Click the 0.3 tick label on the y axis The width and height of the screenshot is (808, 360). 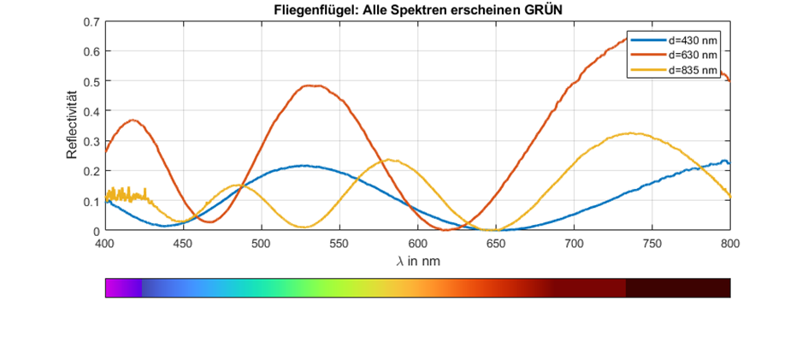pyautogui.click(x=91, y=140)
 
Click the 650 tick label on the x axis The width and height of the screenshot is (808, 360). pyautogui.click(x=496, y=244)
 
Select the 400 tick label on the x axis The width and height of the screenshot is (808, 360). pyautogui.click(x=105, y=244)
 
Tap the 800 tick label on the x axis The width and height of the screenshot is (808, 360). pyautogui.click(x=729, y=244)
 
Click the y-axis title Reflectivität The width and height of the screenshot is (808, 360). pyautogui.click(x=74, y=125)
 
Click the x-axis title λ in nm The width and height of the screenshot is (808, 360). pyautogui.click(x=418, y=262)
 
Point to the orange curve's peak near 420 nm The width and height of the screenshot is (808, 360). pyautogui.click(x=133, y=120)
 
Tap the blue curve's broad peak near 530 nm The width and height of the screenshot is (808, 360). pyautogui.click(x=304, y=166)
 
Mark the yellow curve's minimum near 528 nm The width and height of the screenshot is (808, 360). pyautogui.click(x=304, y=227)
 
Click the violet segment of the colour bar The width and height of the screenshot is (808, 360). pyautogui.click(x=123, y=288)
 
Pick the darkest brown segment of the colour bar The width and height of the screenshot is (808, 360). pyautogui.click(x=678, y=288)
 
